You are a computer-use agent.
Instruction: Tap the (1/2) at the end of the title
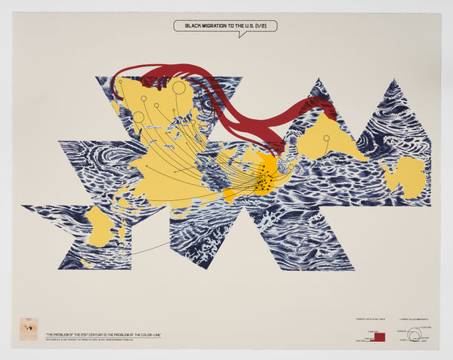tap(264, 26)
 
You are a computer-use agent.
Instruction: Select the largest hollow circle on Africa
tap(179, 88)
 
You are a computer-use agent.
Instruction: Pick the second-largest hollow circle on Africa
tap(138, 116)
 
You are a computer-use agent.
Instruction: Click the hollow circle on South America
tap(326, 138)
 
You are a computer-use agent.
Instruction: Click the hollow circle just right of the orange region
tap(291, 167)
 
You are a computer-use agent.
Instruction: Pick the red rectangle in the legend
tap(380, 337)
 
